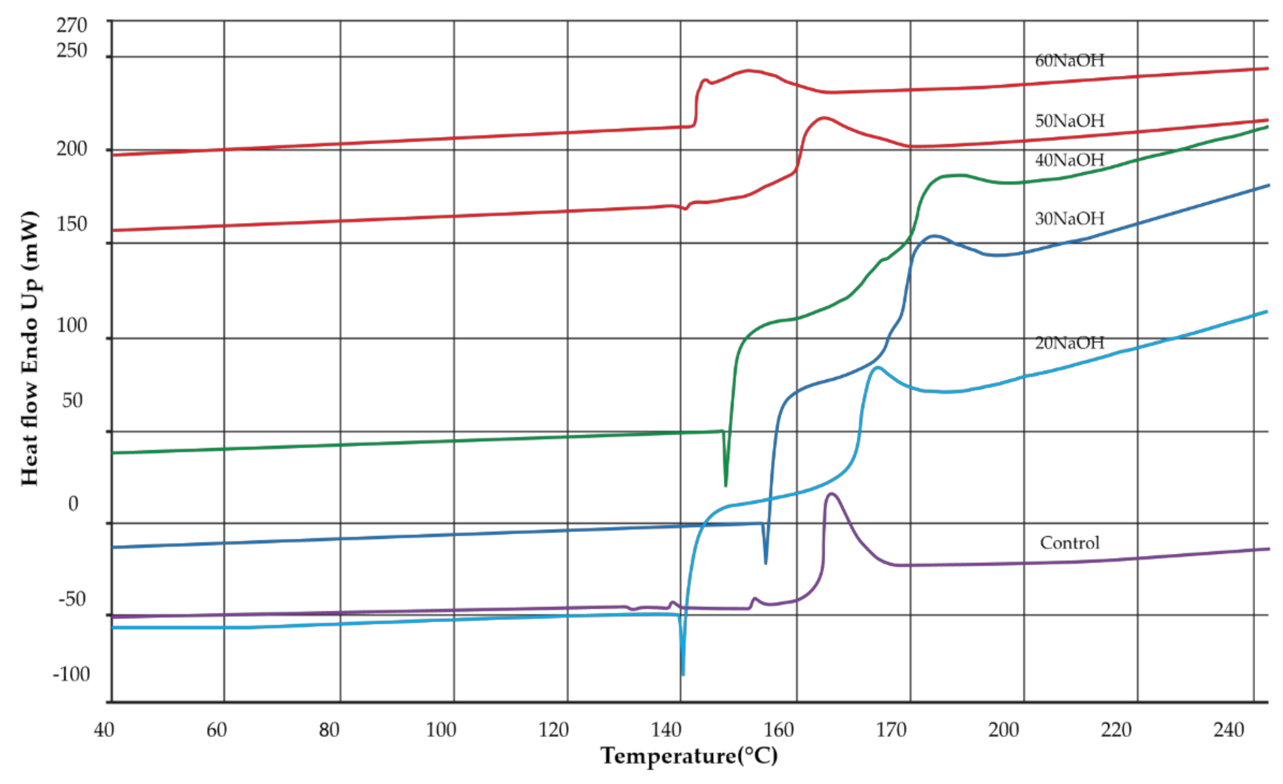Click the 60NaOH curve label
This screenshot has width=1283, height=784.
(1069, 61)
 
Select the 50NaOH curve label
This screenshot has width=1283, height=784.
(1069, 121)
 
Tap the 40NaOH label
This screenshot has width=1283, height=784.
(1069, 160)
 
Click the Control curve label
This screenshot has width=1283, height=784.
(1069, 543)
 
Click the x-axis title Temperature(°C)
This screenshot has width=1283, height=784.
(689, 756)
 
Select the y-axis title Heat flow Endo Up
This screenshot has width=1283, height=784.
(30, 348)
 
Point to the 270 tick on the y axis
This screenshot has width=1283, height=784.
(72, 25)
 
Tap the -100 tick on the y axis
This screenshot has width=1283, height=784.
(71, 674)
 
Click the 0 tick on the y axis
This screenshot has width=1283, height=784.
(73, 504)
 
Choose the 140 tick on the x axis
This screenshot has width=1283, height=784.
(666, 730)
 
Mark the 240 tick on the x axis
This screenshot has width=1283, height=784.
(1228, 730)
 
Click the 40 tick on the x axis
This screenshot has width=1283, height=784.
(104, 730)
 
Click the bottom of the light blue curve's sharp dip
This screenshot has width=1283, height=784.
(683, 674)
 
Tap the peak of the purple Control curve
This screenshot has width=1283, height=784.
(831, 493)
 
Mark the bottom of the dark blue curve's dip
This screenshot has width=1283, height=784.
(765, 563)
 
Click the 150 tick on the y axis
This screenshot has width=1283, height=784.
(72, 224)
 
